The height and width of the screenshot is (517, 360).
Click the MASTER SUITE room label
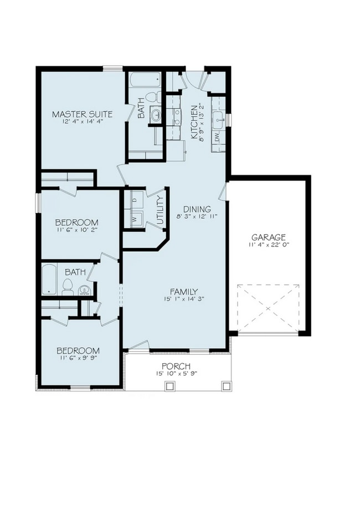82,115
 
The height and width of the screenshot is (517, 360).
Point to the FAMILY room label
183,292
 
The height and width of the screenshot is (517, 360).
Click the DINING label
197,209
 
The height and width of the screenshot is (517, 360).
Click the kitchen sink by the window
218,117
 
